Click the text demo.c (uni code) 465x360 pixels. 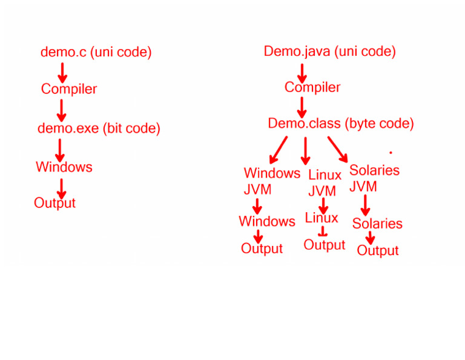pos(96,52)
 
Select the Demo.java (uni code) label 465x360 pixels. pos(329,52)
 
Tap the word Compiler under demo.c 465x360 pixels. pos(69,89)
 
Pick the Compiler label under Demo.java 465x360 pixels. pos(312,87)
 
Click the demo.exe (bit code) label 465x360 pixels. pos(99,128)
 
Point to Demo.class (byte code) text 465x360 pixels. pos(341,124)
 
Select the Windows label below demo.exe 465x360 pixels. pos(64,167)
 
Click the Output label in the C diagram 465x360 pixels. pos(55,203)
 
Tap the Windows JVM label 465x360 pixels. pos(271,181)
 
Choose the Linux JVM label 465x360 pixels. pos(325,183)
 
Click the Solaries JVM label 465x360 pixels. pos(374,178)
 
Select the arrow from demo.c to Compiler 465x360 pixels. pos(62,72)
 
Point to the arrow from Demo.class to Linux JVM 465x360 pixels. pos(305,150)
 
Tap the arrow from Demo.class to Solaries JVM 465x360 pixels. pos(337,148)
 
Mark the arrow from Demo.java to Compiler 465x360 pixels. pos(302,72)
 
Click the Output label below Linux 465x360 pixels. pos(325,245)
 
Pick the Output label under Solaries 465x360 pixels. pos(378,250)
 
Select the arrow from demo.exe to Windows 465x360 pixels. pos(60,149)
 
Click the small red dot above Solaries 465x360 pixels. pos(391,152)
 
